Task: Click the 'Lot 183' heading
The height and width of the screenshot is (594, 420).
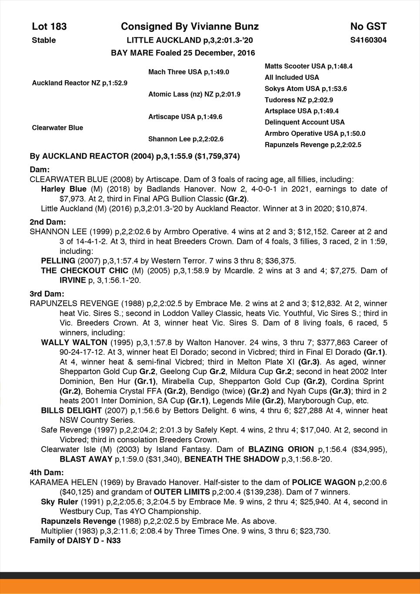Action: [x=49, y=27]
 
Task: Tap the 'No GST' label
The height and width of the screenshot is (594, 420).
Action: [x=368, y=27]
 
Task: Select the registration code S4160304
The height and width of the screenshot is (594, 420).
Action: [x=368, y=40]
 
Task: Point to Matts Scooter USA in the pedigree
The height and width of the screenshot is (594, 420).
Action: [x=308, y=66]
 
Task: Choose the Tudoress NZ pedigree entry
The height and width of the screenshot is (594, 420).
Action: [x=299, y=100]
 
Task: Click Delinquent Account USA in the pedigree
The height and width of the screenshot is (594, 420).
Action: [x=305, y=122]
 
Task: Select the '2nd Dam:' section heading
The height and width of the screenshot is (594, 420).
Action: [x=47, y=222]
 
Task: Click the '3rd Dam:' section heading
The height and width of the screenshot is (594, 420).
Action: [x=47, y=294]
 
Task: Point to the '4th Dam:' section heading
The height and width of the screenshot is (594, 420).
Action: [x=47, y=472]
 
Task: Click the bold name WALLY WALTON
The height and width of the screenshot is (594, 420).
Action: [x=74, y=342]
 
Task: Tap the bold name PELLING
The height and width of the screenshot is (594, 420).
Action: [x=58, y=261]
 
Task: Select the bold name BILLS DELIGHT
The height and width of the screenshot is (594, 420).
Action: [x=71, y=410]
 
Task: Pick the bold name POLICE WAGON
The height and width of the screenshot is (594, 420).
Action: [x=324, y=482]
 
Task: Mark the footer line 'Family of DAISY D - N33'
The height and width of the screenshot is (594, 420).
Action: [x=75, y=540]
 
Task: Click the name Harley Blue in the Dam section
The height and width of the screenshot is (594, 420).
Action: [x=64, y=189]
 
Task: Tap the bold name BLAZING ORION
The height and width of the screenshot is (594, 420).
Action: [x=281, y=449]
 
